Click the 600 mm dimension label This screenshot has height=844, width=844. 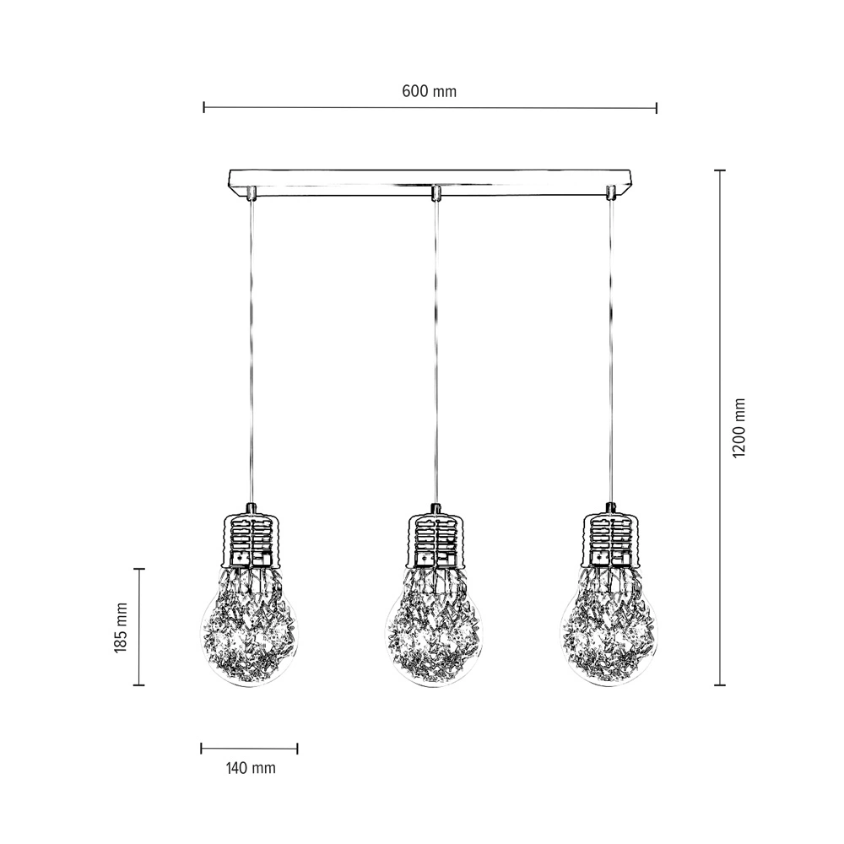429,91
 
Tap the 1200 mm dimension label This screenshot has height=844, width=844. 739,429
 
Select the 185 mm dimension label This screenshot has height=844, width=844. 121,628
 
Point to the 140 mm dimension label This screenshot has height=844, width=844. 251,768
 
